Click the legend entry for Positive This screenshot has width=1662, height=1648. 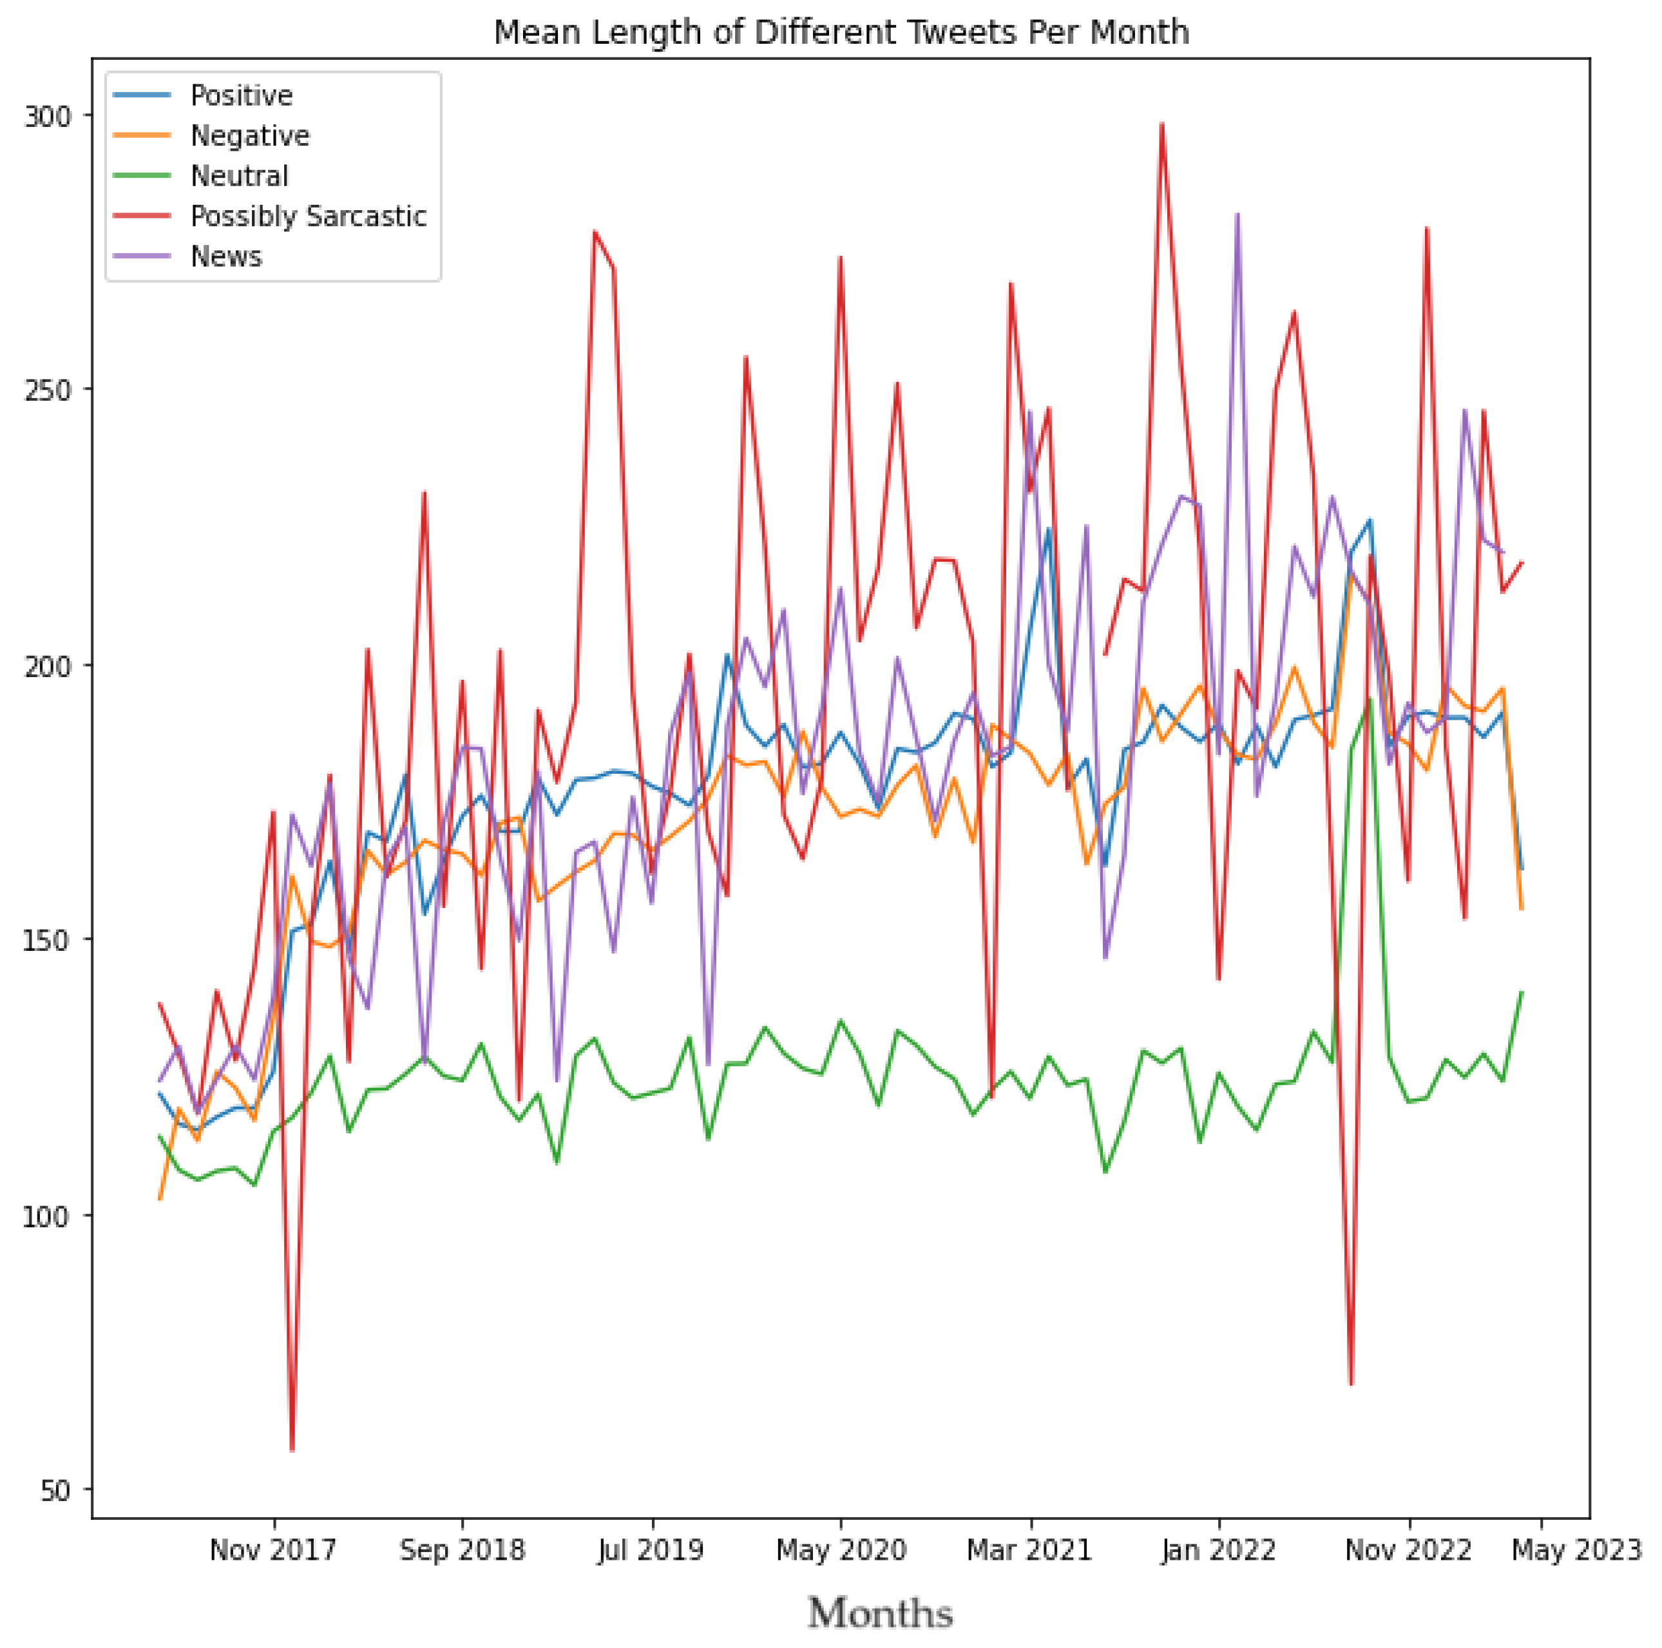tap(241, 95)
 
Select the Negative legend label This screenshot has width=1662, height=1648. tap(249, 136)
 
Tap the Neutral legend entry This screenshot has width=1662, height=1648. tap(239, 177)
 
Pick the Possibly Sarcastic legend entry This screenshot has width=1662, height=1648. tap(308, 216)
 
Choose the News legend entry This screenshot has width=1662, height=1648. tap(226, 257)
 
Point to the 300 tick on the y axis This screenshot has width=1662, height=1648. tap(46, 116)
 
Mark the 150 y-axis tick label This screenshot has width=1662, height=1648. tap(46, 940)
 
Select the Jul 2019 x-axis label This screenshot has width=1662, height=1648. tap(651, 1551)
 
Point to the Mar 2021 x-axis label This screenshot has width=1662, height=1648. tap(1029, 1551)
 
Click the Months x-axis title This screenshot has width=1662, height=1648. tap(880, 1614)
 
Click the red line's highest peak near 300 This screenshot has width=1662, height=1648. tap(1161, 124)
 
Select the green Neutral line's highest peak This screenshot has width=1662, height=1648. tap(1370, 699)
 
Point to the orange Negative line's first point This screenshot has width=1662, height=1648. tap(160, 1198)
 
